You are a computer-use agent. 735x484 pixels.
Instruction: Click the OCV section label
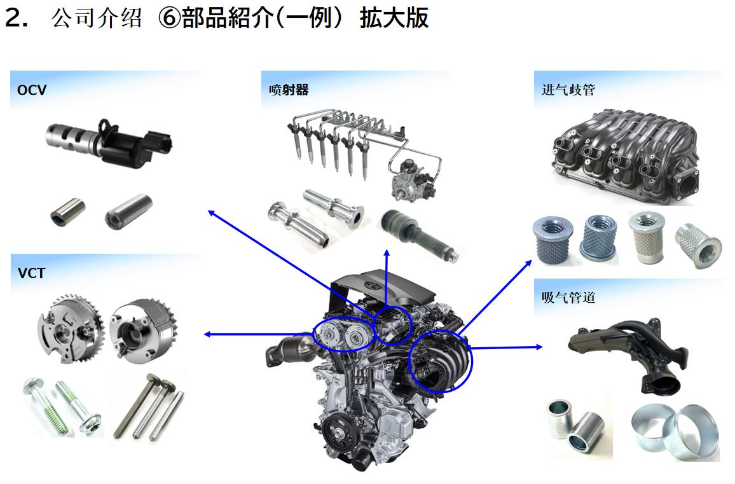(31, 90)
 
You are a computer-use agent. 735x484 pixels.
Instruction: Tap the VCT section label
(31, 273)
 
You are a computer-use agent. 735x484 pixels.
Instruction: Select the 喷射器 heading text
(289, 90)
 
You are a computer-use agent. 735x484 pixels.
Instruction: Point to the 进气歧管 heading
(568, 90)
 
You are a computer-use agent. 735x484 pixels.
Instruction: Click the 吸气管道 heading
(568, 298)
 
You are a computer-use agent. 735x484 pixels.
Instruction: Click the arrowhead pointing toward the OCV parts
(211, 214)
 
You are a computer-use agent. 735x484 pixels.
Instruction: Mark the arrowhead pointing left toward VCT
(208, 335)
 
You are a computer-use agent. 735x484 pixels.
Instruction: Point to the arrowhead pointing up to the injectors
(387, 253)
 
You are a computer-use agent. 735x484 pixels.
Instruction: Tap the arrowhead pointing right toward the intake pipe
(539, 347)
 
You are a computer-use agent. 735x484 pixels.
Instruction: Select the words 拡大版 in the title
(394, 18)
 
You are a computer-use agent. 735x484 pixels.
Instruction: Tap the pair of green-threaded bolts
(62, 406)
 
